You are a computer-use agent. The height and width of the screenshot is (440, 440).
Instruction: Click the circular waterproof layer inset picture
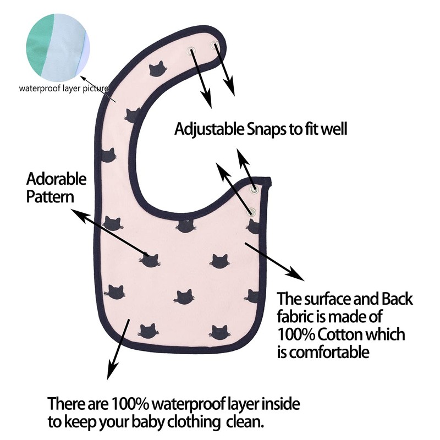click(58, 48)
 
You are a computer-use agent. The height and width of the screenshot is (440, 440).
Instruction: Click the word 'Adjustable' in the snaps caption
click(210, 129)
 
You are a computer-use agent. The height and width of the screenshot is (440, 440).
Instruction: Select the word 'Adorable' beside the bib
click(57, 179)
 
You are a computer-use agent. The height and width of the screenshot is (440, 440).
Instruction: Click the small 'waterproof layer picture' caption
click(64, 89)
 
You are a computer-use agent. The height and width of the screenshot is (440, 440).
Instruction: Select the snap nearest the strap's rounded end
click(215, 45)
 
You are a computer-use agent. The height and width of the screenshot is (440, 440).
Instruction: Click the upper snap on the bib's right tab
click(254, 189)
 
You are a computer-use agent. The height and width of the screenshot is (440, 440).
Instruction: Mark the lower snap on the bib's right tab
click(252, 212)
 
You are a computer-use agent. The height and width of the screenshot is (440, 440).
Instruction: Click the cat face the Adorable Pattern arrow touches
click(150, 260)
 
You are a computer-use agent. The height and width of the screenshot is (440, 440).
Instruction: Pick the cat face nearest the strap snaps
click(158, 69)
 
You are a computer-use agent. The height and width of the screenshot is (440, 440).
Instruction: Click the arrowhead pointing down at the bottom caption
click(112, 371)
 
